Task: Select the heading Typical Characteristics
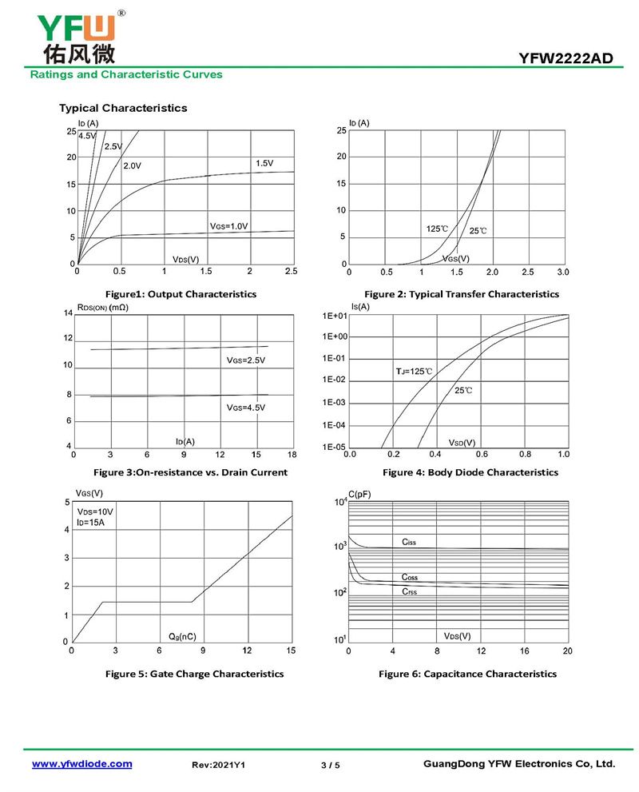(x=123, y=108)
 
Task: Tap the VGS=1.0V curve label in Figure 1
(x=229, y=226)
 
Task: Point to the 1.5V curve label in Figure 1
(x=264, y=163)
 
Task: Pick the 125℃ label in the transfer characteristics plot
(x=437, y=229)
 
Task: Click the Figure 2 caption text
(x=462, y=294)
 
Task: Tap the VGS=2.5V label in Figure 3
(x=245, y=360)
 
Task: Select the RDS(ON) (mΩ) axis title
(x=102, y=307)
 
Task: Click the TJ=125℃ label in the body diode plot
(x=414, y=372)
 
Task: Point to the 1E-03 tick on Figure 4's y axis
(x=333, y=403)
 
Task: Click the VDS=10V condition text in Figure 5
(x=95, y=511)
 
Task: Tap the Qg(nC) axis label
(x=181, y=636)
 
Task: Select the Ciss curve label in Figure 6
(x=409, y=543)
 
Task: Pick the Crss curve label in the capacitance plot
(x=409, y=592)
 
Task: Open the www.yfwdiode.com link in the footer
(x=81, y=764)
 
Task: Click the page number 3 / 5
(x=330, y=766)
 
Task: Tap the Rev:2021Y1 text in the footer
(x=218, y=766)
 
